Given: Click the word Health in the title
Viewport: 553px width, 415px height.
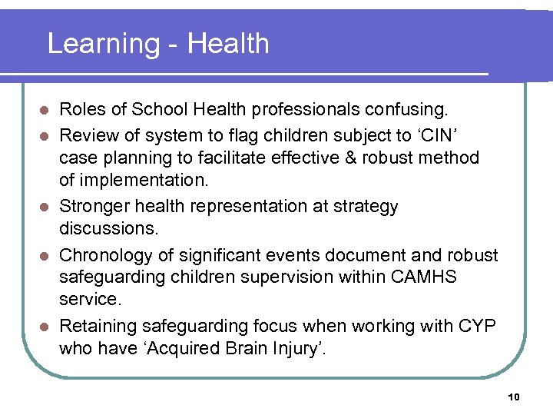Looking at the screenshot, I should coord(228,44).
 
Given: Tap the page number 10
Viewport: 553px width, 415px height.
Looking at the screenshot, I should coord(514,397).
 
